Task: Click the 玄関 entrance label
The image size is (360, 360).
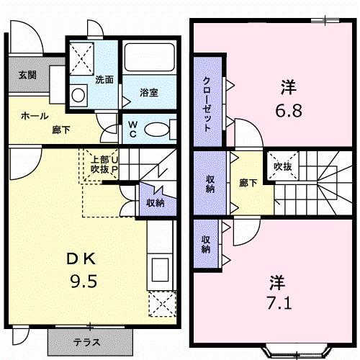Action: pos(27,75)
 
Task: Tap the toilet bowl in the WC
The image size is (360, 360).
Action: pos(156,130)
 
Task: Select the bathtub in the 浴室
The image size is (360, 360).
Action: pos(149,57)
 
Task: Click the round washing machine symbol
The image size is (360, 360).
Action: pos(78,95)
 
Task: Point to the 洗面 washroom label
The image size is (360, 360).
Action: pos(104,80)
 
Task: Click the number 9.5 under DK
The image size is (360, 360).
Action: pos(84,282)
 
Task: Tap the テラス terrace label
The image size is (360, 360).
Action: pos(86,342)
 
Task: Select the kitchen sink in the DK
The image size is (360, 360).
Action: pos(161,270)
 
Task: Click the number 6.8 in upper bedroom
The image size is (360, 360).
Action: pos(289,111)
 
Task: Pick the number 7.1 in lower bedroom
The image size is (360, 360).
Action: pos(279,303)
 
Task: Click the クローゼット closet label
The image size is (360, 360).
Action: pos(207,104)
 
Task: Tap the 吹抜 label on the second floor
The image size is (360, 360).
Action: pos(283,166)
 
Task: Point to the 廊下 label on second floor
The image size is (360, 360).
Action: pos(248,183)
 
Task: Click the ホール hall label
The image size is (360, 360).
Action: pos(35,116)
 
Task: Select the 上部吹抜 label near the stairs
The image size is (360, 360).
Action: pos(101,164)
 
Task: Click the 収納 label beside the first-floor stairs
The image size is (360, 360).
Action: pos(156,203)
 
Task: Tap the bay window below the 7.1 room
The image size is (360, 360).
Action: pos(297,352)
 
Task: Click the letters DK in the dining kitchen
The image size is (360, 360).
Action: pos(81,259)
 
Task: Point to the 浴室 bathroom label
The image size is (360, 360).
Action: pos(149,93)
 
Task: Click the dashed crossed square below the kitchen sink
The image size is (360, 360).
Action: pos(162,304)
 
